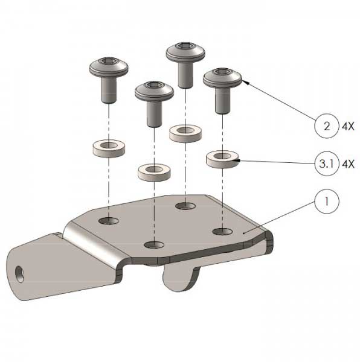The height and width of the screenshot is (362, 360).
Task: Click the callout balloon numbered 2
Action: (327, 126)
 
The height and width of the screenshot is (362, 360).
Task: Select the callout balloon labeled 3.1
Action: (327, 164)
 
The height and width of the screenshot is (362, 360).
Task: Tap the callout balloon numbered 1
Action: (327, 201)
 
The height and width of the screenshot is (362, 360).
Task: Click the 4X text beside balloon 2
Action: (348, 127)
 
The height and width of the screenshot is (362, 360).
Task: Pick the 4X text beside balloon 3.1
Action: (348, 164)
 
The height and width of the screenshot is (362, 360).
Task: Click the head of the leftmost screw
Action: (109, 67)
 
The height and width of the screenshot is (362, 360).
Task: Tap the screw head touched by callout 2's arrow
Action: (222, 77)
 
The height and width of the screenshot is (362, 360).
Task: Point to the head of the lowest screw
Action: (154, 91)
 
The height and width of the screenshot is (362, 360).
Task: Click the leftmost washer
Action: (109, 149)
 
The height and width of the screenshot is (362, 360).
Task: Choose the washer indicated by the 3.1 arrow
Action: (222, 159)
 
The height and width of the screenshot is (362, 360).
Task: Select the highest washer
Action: (185, 133)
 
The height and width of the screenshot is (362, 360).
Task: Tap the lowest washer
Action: (154, 173)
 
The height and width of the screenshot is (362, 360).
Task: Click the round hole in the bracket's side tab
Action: (19, 274)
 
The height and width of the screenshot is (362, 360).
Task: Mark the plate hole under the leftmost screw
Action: (109, 221)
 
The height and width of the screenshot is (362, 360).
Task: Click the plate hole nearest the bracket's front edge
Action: (154, 245)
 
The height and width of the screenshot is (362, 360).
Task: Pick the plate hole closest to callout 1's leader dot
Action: (222, 231)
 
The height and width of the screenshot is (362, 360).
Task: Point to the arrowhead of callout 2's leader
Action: (245, 82)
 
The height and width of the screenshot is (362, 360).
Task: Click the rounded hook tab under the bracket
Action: (180, 277)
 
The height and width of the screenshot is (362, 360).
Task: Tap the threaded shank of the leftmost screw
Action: (109, 90)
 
